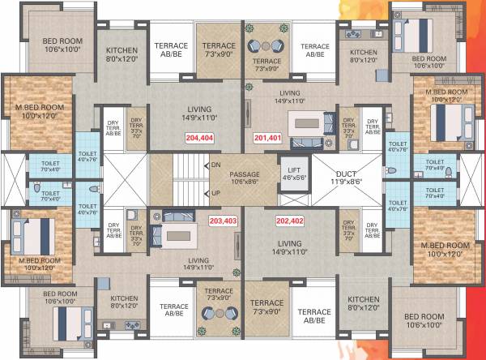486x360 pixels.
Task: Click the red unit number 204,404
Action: pos(198,138)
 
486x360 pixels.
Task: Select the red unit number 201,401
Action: pos(268,138)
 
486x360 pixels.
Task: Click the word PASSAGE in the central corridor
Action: pos(245,174)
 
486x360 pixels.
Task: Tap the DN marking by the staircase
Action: pos(215,165)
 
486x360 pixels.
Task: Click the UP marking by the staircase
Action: pos(215,194)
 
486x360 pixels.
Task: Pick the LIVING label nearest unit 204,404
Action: pos(198,109)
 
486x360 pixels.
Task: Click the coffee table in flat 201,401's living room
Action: pos(308,124)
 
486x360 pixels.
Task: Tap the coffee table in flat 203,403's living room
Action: pos(179,235)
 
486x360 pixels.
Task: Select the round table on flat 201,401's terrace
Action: pos(266,45)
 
